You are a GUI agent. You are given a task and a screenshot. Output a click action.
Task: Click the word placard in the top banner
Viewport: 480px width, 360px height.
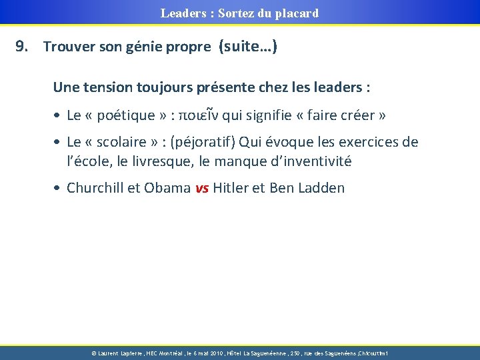point(296,13)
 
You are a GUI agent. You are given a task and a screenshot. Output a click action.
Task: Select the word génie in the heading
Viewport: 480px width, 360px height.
point(156,47)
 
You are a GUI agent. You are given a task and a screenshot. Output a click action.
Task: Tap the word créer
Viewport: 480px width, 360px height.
point(358,115)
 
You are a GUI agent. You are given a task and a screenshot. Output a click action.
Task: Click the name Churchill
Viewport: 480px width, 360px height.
point(94,188)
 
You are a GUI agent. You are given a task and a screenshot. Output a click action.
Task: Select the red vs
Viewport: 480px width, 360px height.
point(201,189)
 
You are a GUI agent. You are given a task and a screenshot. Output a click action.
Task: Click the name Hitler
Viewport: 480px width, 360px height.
point(228,188)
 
